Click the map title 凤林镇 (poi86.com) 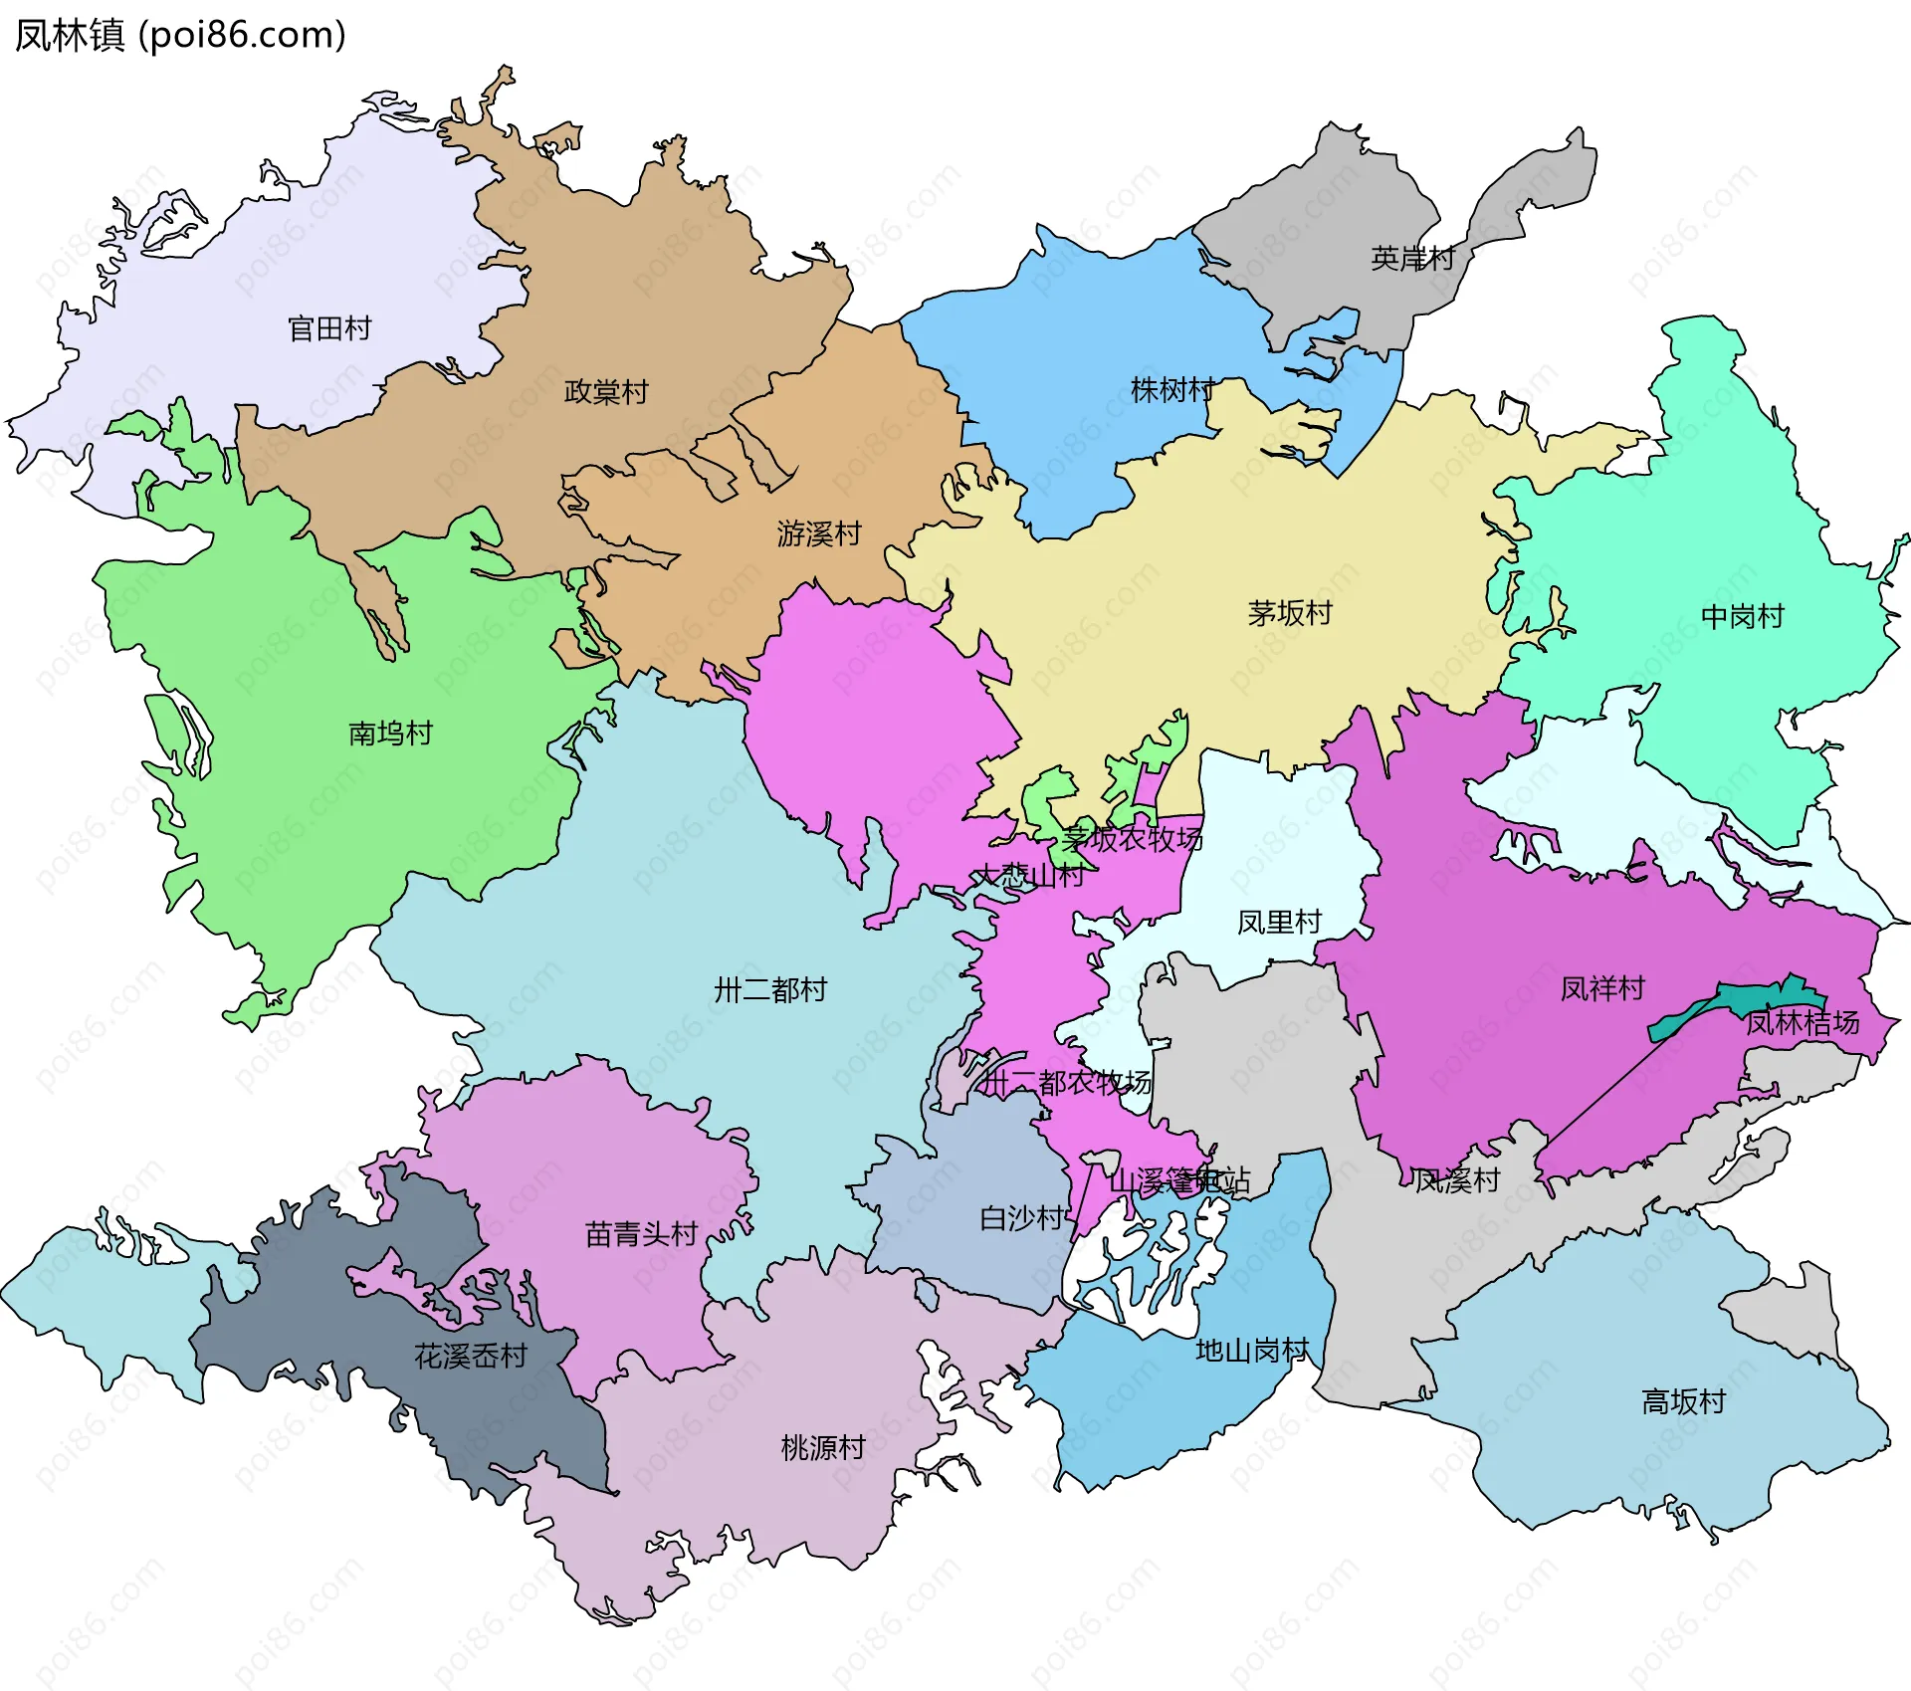[180, 35]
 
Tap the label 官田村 [329, 328]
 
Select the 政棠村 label [606, 392]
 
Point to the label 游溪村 [819, 534]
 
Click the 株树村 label [1172, 390]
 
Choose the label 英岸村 [1412, 259]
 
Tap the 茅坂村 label [1290, 613]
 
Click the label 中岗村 [1743, 617]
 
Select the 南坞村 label [391, 734]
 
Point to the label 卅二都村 [770, 990]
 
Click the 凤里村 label [1279, 923]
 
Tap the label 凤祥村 [1602, 988]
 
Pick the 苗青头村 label [641, 1234]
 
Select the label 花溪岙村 [471, 1356]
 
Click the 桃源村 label [823, 1447]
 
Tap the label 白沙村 [1022, 1218]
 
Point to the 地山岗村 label [1252, 1351]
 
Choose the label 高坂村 [1683, 1401]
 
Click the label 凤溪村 [1456, 1180]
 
